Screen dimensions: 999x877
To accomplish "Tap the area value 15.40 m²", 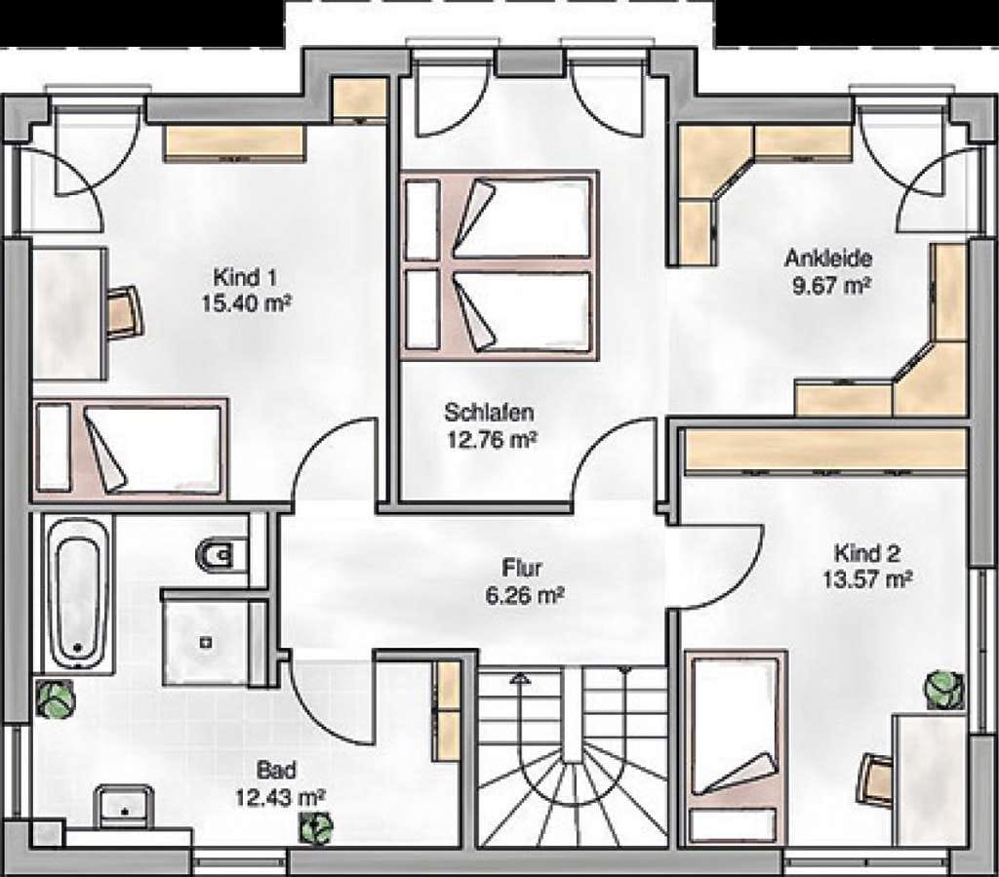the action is (x=246, y=303).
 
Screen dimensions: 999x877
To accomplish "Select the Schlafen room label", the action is (x=489, y=413).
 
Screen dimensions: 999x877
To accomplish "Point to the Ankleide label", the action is (x=827, y=259).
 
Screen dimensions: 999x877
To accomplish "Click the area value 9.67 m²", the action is (x=831, y=285).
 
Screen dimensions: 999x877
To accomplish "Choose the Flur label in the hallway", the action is (x=522, y=568).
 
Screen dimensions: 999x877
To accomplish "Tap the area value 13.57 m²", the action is (x=867, y=580).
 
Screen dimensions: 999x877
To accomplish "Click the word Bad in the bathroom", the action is (x=276, y=770).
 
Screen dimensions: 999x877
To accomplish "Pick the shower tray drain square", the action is (x=205, y=643).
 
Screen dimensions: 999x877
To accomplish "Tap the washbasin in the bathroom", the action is (x=124, y=807).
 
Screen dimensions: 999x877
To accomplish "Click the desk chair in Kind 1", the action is (x=126, y=312).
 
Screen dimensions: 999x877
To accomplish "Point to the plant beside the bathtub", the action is (x=55, y=699).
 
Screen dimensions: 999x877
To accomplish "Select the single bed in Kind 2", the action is (x=736, y=748).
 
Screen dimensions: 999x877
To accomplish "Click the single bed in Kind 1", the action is (x=131, y=448).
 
